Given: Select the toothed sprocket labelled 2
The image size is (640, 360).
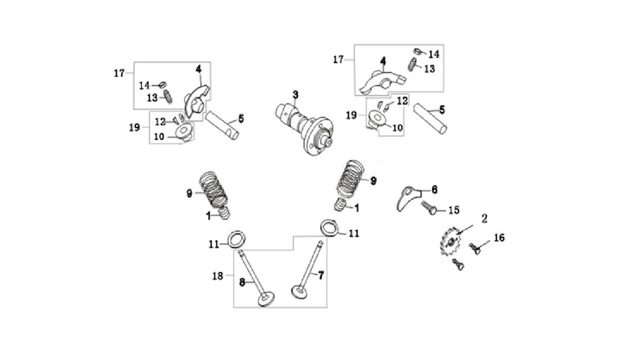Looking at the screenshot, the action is point(450,242).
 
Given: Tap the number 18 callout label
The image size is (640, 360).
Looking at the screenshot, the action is point(218,276).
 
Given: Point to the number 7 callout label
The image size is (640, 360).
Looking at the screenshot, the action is point(321,275).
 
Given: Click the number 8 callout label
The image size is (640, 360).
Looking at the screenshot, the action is point(242,282).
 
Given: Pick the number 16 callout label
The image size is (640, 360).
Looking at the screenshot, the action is point(499,238).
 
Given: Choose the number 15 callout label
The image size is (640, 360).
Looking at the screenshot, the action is point(454,210).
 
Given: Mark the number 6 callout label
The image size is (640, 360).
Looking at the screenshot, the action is point(434,190).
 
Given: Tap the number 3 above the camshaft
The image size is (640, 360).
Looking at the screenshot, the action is point(295,94).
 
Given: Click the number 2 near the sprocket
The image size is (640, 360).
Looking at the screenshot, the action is point(485,219).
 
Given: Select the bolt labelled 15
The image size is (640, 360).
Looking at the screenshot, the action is point(429,207).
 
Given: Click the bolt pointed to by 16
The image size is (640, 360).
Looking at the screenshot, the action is point(475,249).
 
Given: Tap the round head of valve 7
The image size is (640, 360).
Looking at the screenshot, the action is point(299,293).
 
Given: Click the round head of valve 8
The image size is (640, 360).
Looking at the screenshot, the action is point(266,299).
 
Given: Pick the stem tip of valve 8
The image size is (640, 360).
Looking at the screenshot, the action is point(241,252).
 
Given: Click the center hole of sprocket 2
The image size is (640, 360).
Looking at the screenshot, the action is point(451,242).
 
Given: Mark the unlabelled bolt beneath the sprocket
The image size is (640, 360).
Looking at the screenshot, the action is point(458,265).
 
